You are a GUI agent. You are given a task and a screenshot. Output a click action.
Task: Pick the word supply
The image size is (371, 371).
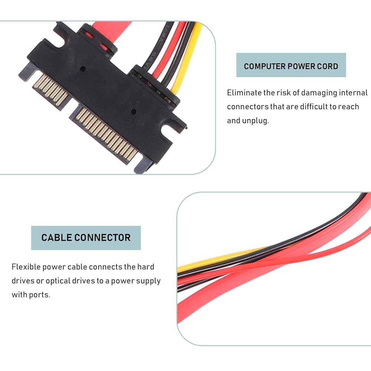point(148,281)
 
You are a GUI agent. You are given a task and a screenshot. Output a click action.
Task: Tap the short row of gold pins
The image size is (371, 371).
point(50,89)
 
